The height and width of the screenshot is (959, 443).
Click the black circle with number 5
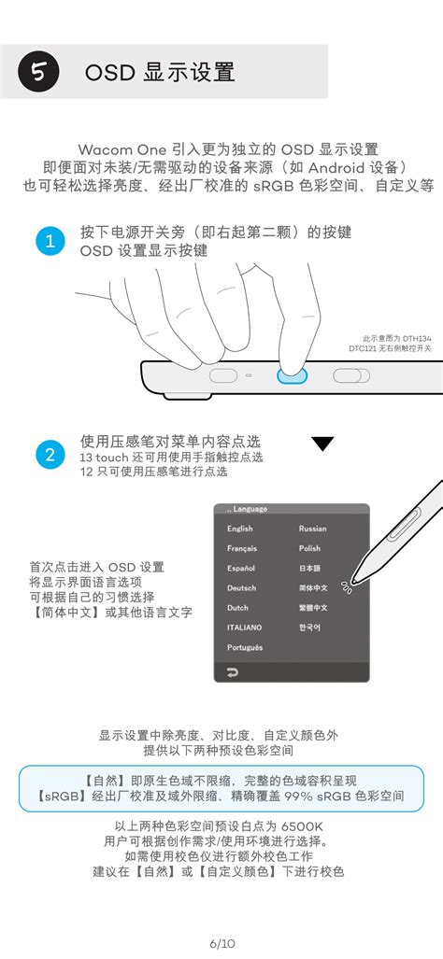pos(38,72)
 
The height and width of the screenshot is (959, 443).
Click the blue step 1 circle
pos(50,241)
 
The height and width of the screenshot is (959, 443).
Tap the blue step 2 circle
pos(50,455)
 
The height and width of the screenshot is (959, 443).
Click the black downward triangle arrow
pos(322,444)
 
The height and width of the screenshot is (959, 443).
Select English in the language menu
pos(239,529)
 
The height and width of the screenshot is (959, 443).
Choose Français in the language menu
pos(241,548)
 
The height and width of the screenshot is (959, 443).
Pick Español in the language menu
pos(240,568)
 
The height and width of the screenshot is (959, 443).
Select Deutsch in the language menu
pos(241,588)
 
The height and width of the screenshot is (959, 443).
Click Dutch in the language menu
pos(237,608)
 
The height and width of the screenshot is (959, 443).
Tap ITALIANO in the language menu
pos(244,628)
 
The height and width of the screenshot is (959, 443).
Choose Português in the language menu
pos(245,647)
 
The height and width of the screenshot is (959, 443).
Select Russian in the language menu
pos(312,529)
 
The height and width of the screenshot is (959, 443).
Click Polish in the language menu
pos(309,548)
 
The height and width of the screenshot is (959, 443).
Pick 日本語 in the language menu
pos(309,568)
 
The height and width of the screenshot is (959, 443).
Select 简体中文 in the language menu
pos(312,588)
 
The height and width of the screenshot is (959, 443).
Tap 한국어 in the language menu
pos(309,628)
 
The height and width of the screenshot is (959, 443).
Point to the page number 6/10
pos(221,943)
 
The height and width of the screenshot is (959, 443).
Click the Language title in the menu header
pos(249,509)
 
